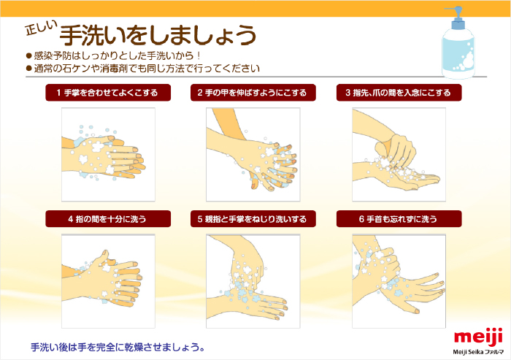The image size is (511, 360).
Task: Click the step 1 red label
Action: [108, 93]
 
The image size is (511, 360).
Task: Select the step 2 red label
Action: [253, 93]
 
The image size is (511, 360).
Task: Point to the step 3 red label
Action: [399, 93]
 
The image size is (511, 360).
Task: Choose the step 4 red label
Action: [108, 219]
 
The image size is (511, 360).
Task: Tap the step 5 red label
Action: [253, 219]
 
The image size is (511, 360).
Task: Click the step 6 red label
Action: [399, 219]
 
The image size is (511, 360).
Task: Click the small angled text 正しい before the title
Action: [41, 28]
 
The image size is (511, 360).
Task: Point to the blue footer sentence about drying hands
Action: [118, 347]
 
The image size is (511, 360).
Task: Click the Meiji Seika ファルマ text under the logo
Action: [478, 352]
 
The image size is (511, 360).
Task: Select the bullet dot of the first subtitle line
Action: [28, 55]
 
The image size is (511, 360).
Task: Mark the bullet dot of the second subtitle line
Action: [28, 69]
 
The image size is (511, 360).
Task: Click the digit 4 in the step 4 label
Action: [70, 219]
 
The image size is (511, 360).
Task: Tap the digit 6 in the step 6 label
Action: [361, 219]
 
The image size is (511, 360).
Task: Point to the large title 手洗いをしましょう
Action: [158, 35]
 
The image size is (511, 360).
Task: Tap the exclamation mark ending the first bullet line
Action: [198, 55]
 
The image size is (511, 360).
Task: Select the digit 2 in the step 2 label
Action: [200, 93]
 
